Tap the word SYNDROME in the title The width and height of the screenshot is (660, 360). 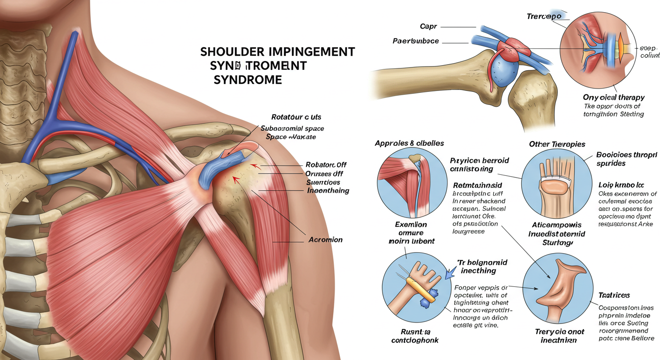tap(247, 80)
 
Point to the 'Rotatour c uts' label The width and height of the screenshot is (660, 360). tap(296, 117)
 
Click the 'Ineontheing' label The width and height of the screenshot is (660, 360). tap(328, 191)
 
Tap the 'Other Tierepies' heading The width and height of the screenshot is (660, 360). tap(556, 144)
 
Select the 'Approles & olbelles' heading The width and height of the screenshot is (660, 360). tap(409, 143)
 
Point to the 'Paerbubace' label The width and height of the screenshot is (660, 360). tap(415, 41)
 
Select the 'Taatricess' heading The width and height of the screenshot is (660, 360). tap(614, 295)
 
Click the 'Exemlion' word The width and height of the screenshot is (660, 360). tap(411, 225)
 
